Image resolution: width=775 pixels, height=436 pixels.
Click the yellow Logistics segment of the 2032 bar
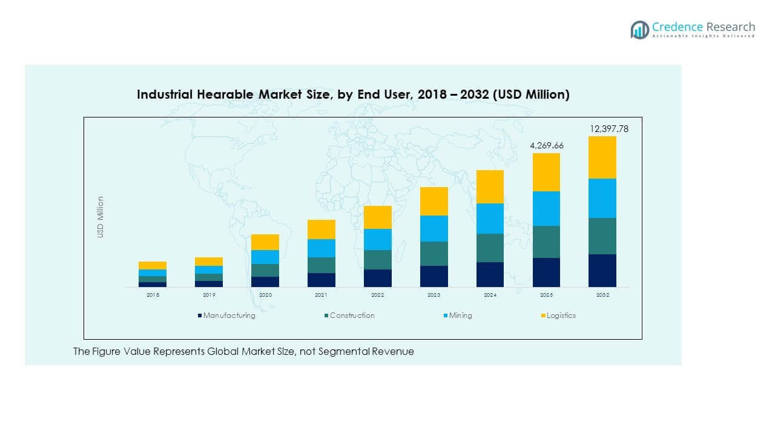click(602, 157)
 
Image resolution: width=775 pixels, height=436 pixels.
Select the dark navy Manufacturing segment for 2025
click(546, 272)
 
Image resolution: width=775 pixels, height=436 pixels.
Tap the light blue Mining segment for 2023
click(434, 228)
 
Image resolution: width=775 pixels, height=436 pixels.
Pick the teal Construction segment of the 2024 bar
click(490, 248)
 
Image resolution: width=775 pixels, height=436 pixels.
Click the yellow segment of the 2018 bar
click(152, 265)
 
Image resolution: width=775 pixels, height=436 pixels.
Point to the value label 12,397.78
click(610, 129)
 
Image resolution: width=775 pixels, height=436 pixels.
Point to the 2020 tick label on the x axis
click(265, 295)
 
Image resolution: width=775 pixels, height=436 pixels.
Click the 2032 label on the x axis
click(602, 295)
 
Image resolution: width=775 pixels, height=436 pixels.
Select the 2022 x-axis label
click(377, 295)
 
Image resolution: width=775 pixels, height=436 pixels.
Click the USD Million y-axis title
click(101, 217)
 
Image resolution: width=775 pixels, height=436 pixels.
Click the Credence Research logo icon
click(639, 29)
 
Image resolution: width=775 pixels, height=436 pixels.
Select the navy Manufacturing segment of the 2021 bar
click(321, 280)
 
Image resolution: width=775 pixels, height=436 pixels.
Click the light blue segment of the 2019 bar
click(208, 269)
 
